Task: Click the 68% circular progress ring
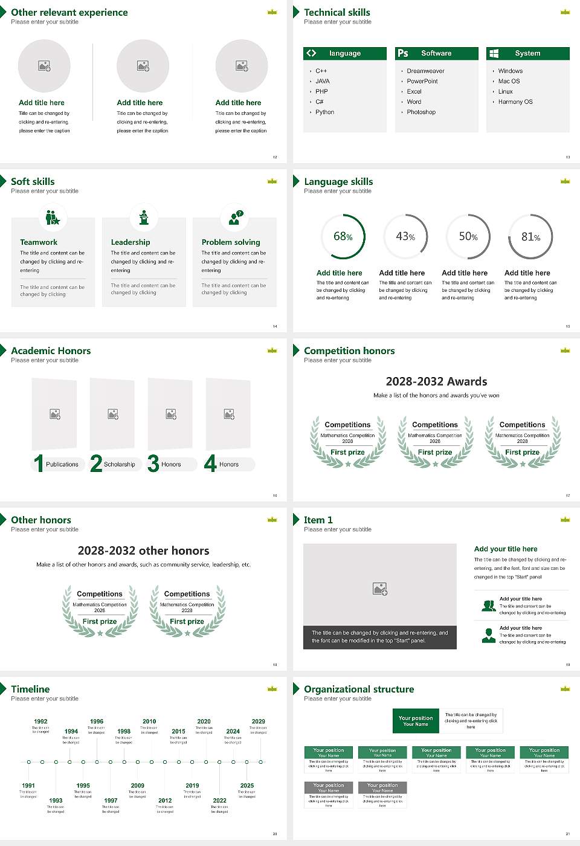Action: [343, 236]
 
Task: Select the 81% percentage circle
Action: [530, 236]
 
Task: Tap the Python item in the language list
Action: [324, 112]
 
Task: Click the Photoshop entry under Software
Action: [421, 112]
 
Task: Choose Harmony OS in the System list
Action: [515, 102]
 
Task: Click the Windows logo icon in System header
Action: [494, 53]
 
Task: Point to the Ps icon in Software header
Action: [403, 53]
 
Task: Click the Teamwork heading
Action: [39, 242]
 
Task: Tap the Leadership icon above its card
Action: [144, 217]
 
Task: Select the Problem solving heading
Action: [231, 242]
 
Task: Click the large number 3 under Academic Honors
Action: [153, 463]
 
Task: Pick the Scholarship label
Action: [119, 465]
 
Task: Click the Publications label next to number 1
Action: [62, 465]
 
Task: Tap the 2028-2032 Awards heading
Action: [436, 381]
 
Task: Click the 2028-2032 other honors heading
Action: [143, 551]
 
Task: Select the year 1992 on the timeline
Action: [40, 722]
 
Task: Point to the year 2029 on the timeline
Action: [259, 722]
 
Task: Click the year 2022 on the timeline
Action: [220, 801]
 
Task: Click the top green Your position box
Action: [416, 721]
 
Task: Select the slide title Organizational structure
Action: [359, 689]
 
